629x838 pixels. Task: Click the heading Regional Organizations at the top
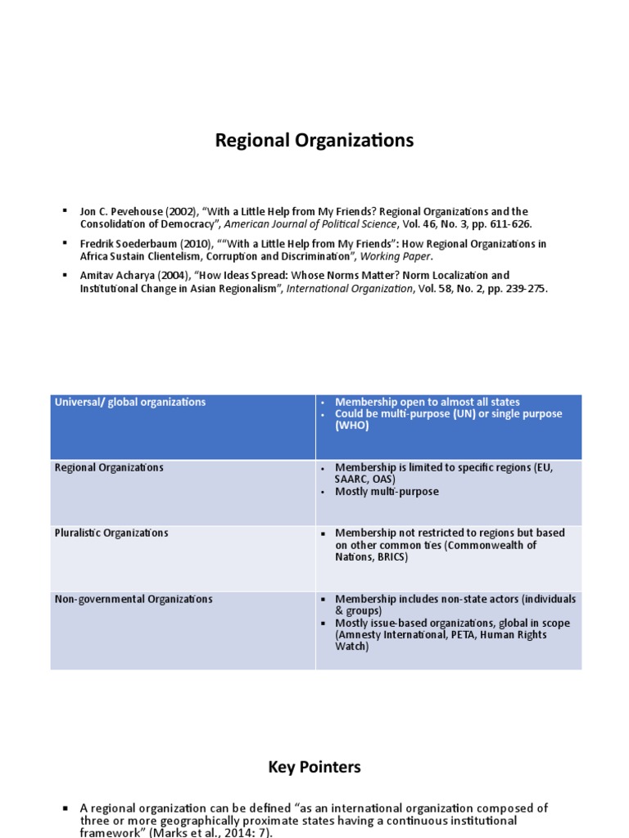point(314,141)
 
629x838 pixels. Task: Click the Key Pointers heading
point(314,767)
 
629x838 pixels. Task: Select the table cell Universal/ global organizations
point(130,402)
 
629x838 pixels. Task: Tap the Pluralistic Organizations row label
point(111,533)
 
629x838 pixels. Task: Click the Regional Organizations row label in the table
point(109,467)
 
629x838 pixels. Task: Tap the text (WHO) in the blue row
point(352,426)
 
